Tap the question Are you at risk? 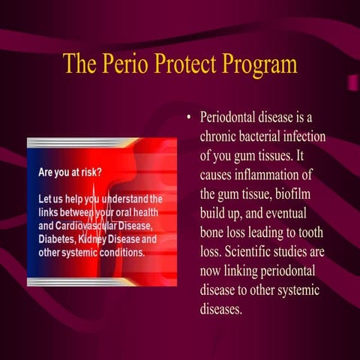(70, 172)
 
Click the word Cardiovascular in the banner (98, 226)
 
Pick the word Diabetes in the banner (60, 238)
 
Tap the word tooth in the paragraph (324, 232)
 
